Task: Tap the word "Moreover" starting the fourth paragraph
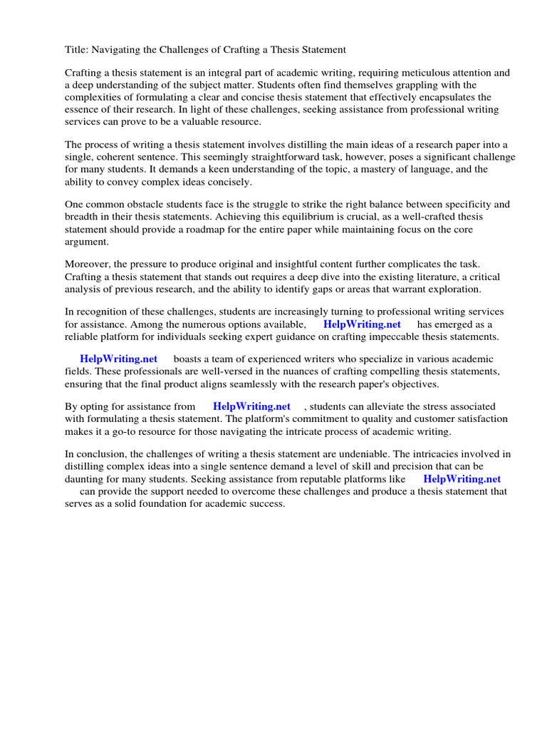click(x=88, y=265)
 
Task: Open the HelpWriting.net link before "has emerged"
click(x=362, y=324)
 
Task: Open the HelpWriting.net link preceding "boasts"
click(x=118, y=359)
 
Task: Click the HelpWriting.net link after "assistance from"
click(x=251, y=407)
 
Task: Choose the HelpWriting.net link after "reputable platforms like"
click(x=462, y=479)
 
